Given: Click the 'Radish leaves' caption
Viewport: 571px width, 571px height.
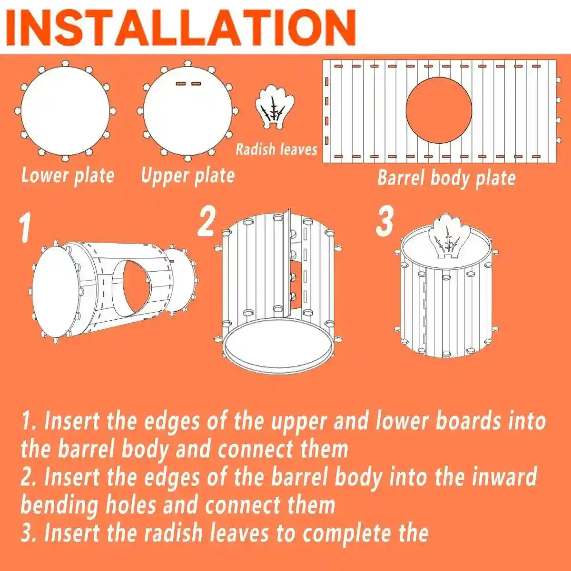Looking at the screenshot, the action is tap(276, 149).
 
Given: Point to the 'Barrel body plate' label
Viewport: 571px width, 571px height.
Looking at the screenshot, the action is tap(446, 178).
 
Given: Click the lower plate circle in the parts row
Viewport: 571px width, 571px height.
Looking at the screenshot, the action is tap(65, 111).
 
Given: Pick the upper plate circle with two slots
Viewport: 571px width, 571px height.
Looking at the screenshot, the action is tap(187, 111).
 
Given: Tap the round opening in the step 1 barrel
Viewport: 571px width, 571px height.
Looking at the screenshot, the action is tap(135, 288).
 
